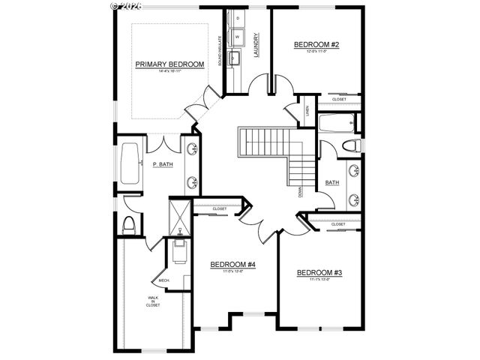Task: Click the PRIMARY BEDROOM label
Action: click(x=169, y=64)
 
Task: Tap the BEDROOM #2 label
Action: click(x=316, y=45)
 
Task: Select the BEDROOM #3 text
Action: click(x=319, y=272)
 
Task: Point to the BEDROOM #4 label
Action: click(x=233, y=265)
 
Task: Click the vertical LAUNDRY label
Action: click(x=256, y=44)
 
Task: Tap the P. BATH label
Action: click(x=163, y=164)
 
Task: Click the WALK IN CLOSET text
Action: click(x=152, y=302)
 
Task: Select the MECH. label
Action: click(x=164, y=280)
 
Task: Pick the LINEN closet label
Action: click(x=307, y=112)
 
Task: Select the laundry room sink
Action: click(x=234, y=58)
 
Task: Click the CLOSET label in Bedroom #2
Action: click(x=339, y=98)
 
